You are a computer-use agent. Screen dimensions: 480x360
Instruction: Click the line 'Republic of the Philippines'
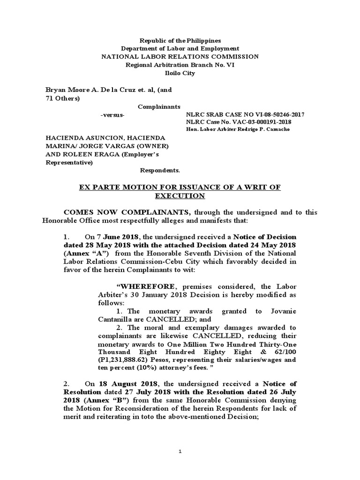click(x=180, y=41)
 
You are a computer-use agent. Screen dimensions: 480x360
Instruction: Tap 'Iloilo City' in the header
click(x=180, y=73)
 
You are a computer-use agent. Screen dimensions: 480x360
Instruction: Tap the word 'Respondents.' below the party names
click(x=160, y=171)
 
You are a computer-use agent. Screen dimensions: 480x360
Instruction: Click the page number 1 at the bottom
click(x=180, y=451)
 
